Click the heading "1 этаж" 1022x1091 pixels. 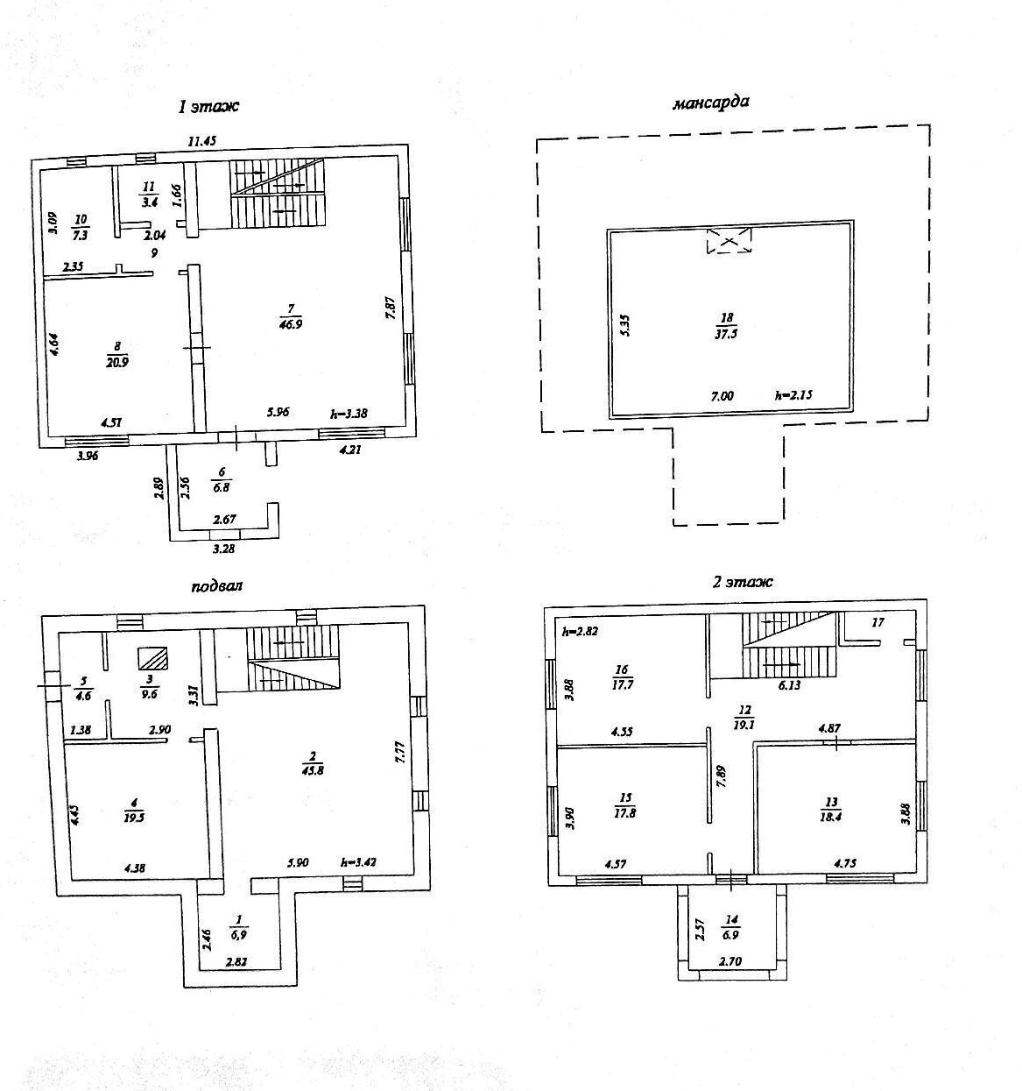208,107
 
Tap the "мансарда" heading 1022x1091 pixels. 710,103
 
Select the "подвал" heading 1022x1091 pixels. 215,586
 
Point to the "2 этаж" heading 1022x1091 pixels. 742,581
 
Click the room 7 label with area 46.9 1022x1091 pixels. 291,316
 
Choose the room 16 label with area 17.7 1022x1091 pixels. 622,676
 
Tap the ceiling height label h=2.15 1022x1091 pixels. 794,396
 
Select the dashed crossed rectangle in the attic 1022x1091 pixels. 729,241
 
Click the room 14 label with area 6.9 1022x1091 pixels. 732,925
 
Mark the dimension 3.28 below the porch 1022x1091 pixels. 224,549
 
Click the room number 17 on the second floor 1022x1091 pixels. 878,623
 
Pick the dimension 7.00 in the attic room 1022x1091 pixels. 722,396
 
